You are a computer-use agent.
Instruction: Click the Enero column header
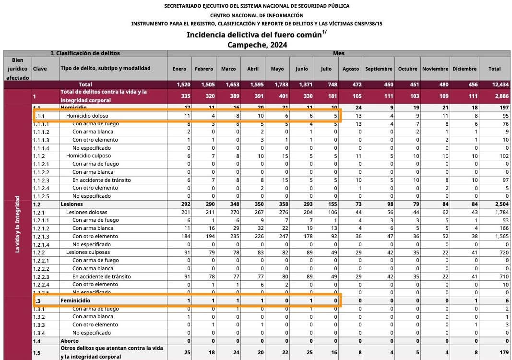point(179,69)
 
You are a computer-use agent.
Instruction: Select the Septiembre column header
point(379,69)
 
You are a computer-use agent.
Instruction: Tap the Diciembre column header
point(464,69)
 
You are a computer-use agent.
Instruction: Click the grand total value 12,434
point(494,84)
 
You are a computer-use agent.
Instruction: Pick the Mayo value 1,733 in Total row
point(277,84)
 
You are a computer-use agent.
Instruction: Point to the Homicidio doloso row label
point(87,116)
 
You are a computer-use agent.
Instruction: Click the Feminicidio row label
point(75,300)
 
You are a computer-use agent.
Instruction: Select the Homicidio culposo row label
point(88,156)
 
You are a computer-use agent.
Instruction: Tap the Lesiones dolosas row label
point(87,212)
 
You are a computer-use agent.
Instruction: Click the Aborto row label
point(70,341)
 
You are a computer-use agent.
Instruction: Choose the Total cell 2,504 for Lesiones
point(494,204)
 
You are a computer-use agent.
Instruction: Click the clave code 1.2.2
point(39,252)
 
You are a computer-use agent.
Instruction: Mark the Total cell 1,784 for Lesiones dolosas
point(494,212)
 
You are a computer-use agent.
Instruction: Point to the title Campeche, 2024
point(257,45)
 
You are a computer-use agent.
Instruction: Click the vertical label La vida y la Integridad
point(18,224)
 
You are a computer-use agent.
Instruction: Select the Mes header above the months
point(338,53)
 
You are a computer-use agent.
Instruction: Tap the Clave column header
point(40,69)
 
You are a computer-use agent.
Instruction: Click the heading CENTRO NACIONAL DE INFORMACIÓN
point(257,15)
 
